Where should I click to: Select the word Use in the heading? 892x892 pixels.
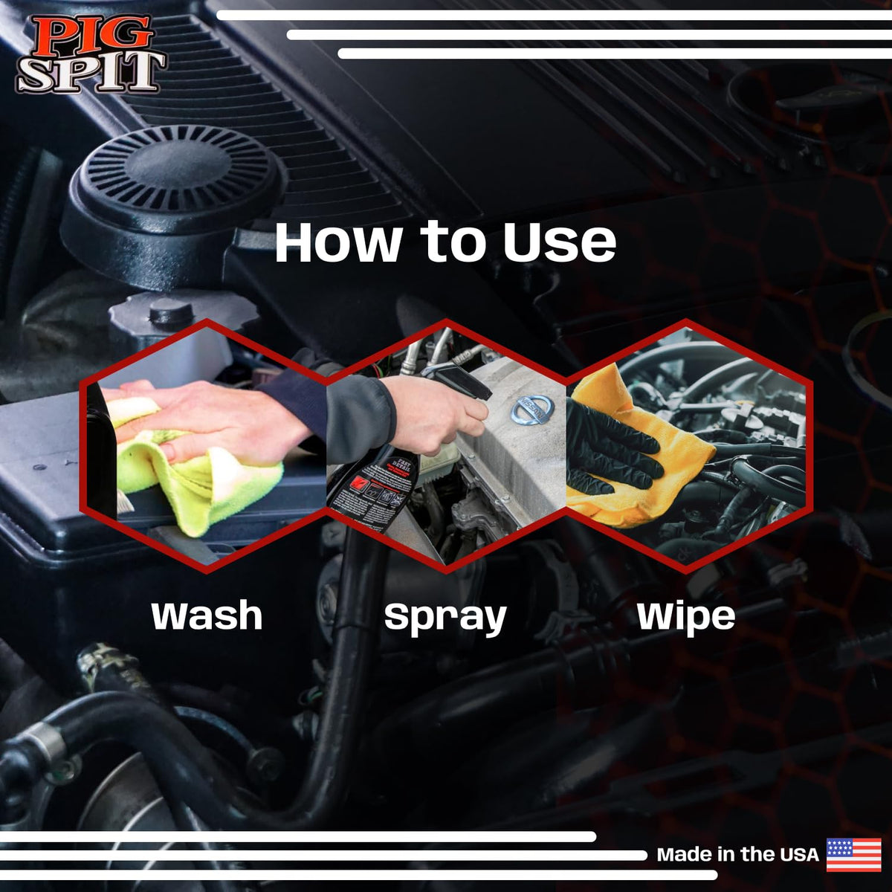point(560,242)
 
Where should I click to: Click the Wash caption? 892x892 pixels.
point(207,615)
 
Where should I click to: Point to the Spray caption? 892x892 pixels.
point(445,618)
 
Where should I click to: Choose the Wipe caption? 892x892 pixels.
point(686,618)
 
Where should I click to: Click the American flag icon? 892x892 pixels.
point(853,855)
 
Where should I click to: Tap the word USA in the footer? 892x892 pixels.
point(799,855)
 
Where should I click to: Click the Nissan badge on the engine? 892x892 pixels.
point(532,410)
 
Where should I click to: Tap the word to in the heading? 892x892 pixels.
point(452,242)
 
